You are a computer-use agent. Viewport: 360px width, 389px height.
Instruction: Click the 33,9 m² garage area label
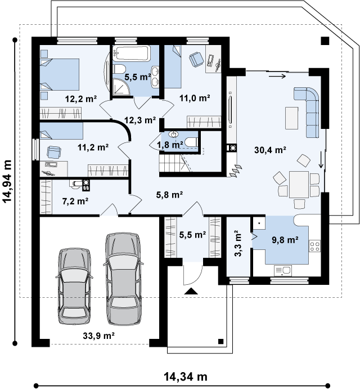[x=98, y=336]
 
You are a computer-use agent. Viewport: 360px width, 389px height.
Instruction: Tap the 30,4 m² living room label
[x=270, y=150]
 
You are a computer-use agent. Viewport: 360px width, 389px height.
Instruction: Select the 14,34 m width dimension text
[x=186, y=377]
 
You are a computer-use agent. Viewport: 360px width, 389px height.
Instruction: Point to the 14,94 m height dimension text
[x=7, y=181]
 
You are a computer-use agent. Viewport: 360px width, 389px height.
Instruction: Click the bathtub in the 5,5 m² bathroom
[x=132, y=53]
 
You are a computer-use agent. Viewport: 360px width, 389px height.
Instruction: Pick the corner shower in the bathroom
[x=121, y=87]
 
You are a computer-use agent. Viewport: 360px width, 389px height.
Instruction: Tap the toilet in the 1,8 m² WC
[x=191, y=142]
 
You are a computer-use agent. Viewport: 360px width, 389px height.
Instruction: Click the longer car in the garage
[x=123, y=279]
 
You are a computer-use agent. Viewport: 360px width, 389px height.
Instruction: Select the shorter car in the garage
[x=74, y=286]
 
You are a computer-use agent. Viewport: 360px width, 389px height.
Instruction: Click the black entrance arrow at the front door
[x=191, y=291]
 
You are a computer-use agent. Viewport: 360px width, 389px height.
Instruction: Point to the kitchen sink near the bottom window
[x=283, y=271]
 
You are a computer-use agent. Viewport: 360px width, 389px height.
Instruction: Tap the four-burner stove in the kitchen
[x=314, y=246]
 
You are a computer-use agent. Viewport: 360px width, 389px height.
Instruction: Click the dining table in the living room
[x=299, y=184]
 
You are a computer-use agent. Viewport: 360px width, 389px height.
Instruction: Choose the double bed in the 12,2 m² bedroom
[x=60, y=74]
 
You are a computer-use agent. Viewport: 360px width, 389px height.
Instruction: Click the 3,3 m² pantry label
[x=237, y=243]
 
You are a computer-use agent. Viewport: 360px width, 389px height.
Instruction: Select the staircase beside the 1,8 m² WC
[x=175, y=163]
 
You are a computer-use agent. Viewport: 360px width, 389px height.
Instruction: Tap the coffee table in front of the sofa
[x=291, y=118]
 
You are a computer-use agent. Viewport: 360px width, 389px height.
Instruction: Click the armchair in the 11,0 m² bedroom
[x=196, y=60]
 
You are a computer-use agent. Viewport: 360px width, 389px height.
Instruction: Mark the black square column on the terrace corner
[x=325, y=41]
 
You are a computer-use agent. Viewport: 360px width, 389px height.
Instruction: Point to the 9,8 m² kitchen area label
[x=285, y=240]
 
